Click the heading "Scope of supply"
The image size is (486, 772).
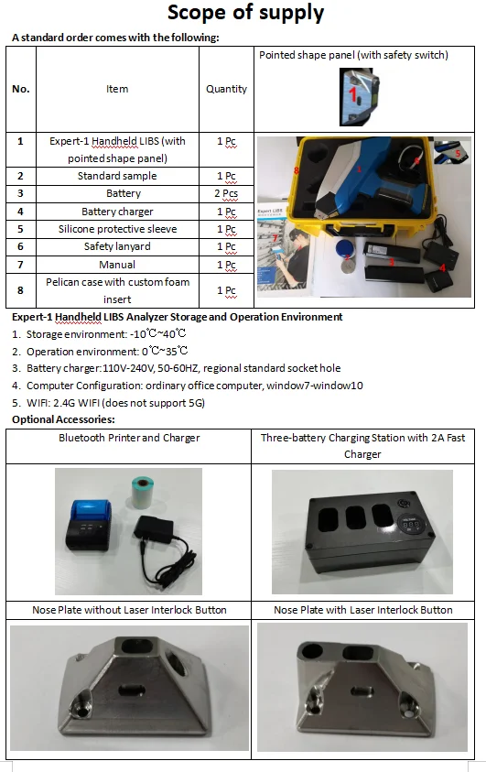(x=245, y=13)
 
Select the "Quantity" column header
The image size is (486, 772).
(x=226, y=89)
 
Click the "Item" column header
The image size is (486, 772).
(x=117, y=89)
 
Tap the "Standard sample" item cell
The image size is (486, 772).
(x=117, y=175)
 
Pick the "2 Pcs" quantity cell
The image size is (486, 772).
(x=226, y=193)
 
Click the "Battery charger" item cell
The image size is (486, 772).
(x=117, y=212)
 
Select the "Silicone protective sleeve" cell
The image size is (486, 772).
(x=117, y=229)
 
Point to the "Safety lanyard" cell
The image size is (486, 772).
(x=117, y=246)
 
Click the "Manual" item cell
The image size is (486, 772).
(x=117, y=264)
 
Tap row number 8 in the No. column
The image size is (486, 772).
(x=20, y=290)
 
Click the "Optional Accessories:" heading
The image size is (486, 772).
(x=63, y=419)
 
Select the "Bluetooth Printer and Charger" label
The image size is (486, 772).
(x=129, y=438)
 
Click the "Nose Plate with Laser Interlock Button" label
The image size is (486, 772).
(x=363, y=609)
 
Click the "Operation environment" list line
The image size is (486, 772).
(x=106, y=351)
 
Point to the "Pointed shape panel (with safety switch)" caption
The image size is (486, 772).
(x=353, y=55)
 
